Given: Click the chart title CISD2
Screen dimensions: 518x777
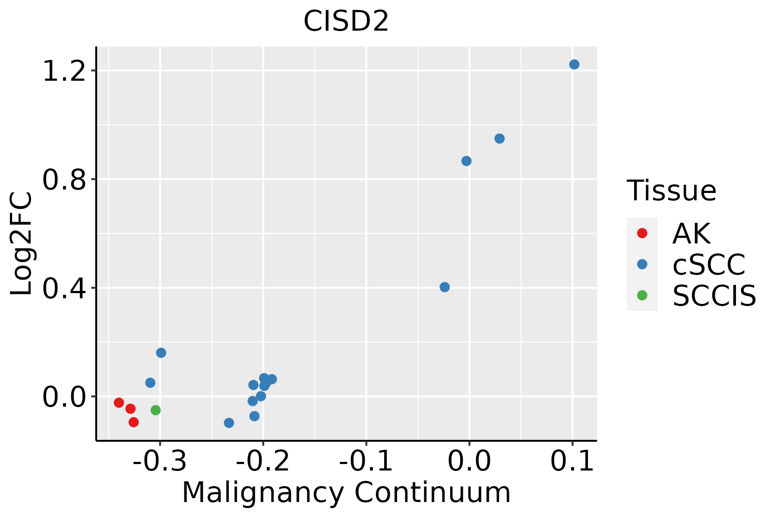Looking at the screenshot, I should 346,22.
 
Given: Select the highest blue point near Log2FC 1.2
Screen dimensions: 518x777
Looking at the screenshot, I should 574,64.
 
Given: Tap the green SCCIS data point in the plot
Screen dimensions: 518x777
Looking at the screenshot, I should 155,410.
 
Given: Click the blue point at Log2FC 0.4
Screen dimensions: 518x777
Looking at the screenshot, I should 445,287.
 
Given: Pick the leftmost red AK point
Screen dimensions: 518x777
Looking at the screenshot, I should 119,403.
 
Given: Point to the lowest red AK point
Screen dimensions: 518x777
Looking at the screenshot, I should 134,422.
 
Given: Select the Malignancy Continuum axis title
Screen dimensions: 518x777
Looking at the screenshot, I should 346,493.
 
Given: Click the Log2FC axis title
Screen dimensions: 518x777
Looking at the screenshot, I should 22,243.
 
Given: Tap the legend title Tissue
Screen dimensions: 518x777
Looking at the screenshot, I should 671,190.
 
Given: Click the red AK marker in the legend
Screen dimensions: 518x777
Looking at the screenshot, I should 642,233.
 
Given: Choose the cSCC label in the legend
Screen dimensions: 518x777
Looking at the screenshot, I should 709,265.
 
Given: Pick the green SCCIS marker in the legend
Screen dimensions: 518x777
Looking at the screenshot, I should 642,295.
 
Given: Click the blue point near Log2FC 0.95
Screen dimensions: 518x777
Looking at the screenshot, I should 499,139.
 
